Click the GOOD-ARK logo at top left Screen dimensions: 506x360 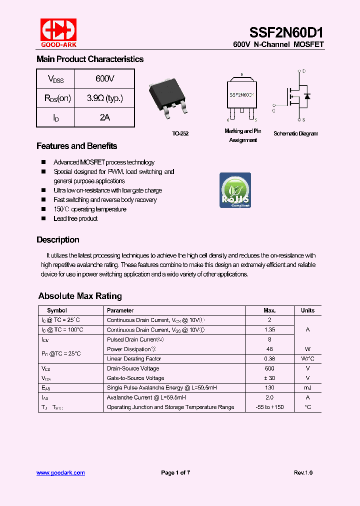pos(58,32)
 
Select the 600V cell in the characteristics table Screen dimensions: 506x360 pos(104,79)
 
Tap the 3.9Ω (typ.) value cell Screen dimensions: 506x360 pos(104,98)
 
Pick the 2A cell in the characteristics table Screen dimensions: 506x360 pos(104,117)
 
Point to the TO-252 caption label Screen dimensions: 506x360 pos(180,134)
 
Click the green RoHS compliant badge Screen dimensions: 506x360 pos(235,190)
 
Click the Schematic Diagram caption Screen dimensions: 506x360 pos(295,134)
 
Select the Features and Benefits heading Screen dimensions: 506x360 pos(76,146)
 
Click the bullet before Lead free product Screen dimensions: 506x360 pos(43,218)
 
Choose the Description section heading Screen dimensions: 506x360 pos(57,240)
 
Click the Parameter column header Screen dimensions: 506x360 pos(120,310)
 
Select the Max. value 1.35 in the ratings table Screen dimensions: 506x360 pos(269,330)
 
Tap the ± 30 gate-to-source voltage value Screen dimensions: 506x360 pos(269,378)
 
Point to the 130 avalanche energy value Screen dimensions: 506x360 pos(269,388)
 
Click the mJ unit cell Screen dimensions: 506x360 pos(307,388)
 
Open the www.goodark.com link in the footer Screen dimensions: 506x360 pos(60,473)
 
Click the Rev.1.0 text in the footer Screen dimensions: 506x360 pos(303,473)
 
